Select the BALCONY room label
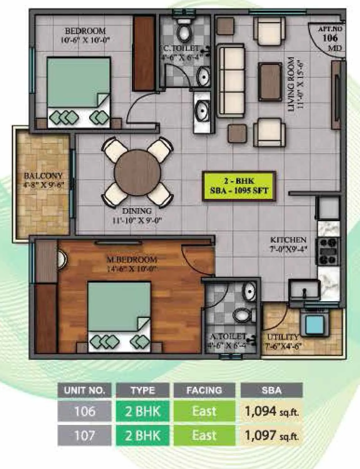click(43, 176)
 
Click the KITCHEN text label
click(288, 240)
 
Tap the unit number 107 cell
click(84, 435)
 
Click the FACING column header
click(204, 390)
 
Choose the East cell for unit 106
click(204, 411)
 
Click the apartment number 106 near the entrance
click(330, 38)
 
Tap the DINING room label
click(137, 211)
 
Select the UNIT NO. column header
click(84, 390)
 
